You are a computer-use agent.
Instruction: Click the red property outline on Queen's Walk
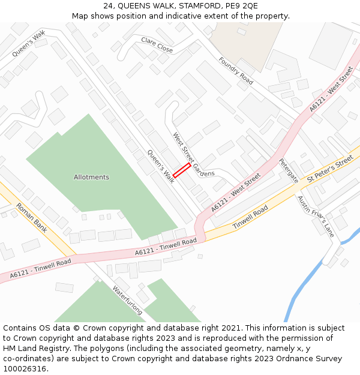click(x=182, y=170)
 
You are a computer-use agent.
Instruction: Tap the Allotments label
click(x=91, y=177)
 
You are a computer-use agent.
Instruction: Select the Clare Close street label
click(x=157, y=44)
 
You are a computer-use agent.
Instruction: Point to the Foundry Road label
click(x=236, y=70)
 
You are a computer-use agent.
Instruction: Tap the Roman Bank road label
click(x=31, y=217)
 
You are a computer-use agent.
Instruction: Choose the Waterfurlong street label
click(x=127, y=299)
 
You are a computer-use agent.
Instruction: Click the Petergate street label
click(x=288, y=170)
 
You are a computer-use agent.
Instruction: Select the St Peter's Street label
click(x=330, y=170)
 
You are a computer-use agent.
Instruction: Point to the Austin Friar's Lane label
click(x=316, y=214)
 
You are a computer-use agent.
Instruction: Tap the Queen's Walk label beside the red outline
click(x=161, y=166)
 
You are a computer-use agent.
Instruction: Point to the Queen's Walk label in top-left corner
click(x=29, y=44)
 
